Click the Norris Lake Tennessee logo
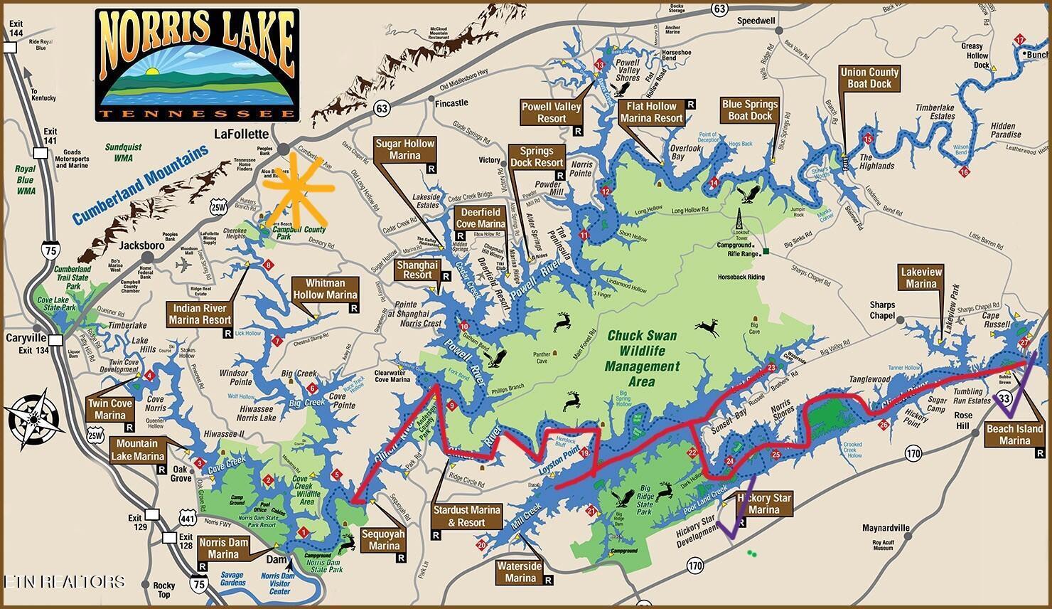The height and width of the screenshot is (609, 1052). coord(196,64)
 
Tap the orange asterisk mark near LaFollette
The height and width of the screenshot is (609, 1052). coord(297,188)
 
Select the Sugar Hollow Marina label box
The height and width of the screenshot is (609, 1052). coord(404,149)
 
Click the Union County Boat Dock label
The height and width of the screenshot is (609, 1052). coord(869,78)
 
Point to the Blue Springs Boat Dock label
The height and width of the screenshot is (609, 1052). coord(750,110)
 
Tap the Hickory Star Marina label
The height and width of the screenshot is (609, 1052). coord(764,504)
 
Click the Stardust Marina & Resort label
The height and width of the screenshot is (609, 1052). coord(467,516)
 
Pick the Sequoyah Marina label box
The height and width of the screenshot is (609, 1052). coord(384,541)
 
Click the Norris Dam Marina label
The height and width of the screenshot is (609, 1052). coord(224,548)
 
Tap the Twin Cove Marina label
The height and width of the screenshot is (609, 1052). coord(110,409)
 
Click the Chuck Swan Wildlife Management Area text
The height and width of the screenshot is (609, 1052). coord(642,359)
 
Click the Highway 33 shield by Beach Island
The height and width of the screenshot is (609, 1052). coord(1004,398)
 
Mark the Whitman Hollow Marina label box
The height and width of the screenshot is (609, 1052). coord(325,289)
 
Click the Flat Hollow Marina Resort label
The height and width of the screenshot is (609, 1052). coord(651,112)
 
